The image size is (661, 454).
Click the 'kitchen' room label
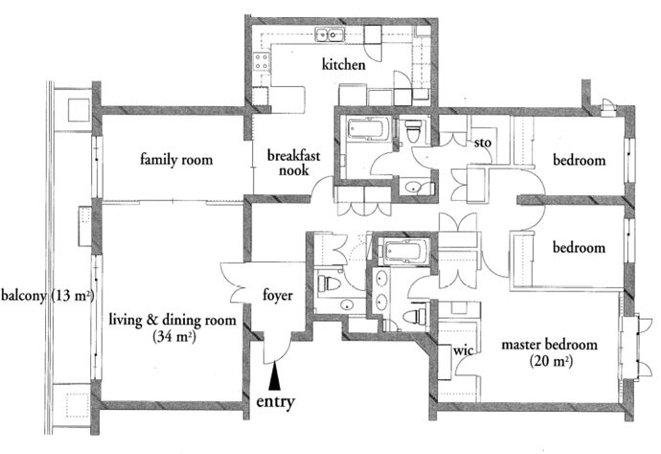(344, 65)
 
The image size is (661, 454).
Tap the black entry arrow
(274, 376)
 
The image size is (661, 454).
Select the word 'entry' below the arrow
(275, 401)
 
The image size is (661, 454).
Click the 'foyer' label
(278, 295)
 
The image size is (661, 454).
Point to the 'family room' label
(176, 160)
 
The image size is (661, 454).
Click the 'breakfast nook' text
(294, 163)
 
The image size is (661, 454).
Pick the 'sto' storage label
(483, 143)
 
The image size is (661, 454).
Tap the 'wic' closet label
(463, 350)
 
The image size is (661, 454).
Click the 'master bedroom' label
(549, 345)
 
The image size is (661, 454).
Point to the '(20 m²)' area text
(551, 361)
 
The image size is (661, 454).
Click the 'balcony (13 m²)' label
(47, 296)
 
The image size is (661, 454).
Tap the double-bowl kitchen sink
(330, 34)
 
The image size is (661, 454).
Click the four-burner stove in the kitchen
(262, 60)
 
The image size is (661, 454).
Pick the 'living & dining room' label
(172, 320)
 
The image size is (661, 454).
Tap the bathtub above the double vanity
(404, 250)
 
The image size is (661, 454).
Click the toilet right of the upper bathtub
(413, 130)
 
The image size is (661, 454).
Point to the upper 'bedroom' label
(580, 160)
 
